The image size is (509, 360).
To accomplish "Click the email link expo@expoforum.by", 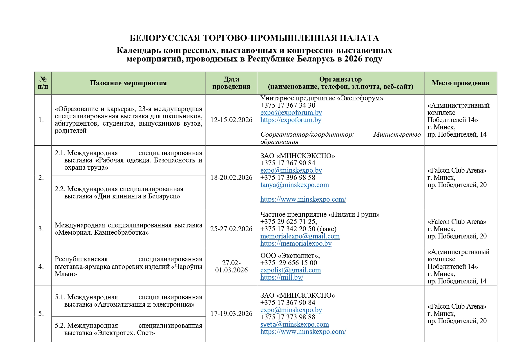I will (x=291, y=113).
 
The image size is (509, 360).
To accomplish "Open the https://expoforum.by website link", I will (x=291, y=120).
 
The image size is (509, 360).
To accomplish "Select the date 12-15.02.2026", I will (x=231, y=120).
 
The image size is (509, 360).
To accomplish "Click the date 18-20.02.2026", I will (x=231, y=178).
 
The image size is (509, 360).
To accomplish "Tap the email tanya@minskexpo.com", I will (x=294, y=185).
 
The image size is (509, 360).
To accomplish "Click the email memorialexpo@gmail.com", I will (x=300, y=236).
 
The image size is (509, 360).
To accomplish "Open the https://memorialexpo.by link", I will (x=296, y=243).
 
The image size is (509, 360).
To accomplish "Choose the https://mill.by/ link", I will (x=282, y=277).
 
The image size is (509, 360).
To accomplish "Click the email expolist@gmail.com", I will (x=290, y=270).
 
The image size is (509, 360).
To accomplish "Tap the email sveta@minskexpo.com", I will (x=294, y=324).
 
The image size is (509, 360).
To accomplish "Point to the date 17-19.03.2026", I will (x=231, y=314).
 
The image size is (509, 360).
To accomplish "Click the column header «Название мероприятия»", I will (x=128, y=83).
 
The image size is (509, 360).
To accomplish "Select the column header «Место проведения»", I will (x=460, y=83).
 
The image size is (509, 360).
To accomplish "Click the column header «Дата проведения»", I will (x=231, y=83).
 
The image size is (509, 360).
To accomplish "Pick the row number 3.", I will (x=41, y=229).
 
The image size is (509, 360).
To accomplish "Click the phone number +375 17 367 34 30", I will (x=288, y=105).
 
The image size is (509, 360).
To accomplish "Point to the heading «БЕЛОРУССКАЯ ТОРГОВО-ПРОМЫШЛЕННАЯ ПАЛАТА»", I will (x=254, y=38).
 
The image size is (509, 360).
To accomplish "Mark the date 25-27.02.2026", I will (x=231, y=229).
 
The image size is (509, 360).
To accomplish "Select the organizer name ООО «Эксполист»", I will (x=290, y=256).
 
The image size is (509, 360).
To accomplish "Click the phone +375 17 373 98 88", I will (x=288, y=317).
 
